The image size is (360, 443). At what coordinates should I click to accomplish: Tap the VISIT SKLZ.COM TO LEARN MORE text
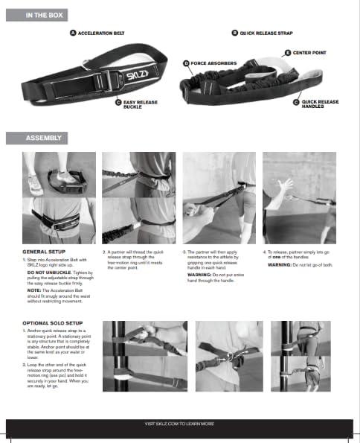179,423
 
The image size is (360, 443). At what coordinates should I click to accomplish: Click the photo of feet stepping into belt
59,174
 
